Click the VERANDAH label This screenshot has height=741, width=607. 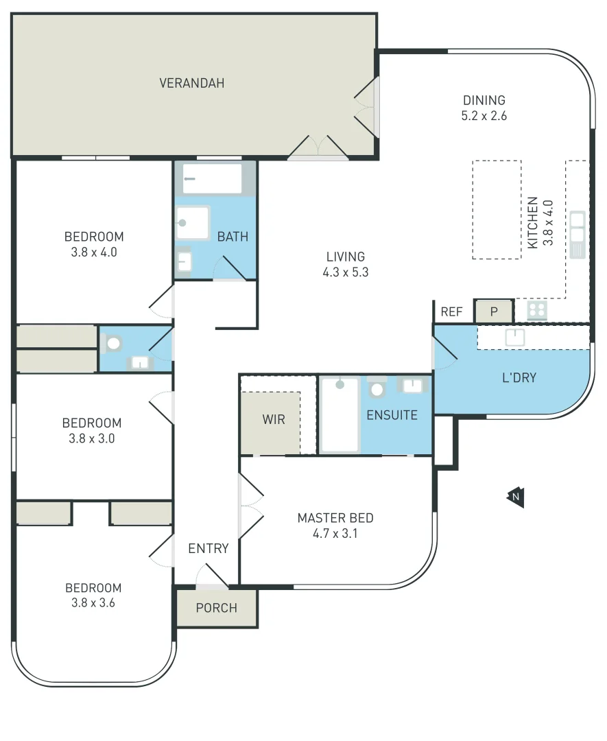click(x=192, y=83)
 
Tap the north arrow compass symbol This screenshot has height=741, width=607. click(x=515, y=497)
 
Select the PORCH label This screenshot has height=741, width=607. click(x=216, y=608)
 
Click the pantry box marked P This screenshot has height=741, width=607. click(x=493, y=311)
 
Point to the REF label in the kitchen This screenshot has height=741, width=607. click(x=451, y=312)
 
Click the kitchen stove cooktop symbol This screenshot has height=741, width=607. click(x=537, y=311)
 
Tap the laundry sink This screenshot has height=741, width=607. click(x=514, y=337)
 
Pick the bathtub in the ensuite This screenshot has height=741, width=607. click(x=340, y=415)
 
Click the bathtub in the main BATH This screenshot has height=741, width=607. click(x=212, y=178)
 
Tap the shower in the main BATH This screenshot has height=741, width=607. click(x=192, y=222)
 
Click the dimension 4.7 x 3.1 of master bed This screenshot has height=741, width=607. click(x=335, y=533)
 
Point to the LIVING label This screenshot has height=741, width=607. click(x=346, y=257)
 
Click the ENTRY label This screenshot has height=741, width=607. click(x=209, y=548)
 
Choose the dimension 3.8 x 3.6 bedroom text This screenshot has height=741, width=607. click(x=93, y=603)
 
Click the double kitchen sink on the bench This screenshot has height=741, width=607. click(x=577, y=234)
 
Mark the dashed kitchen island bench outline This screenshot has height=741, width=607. click(x=497, y=209)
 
